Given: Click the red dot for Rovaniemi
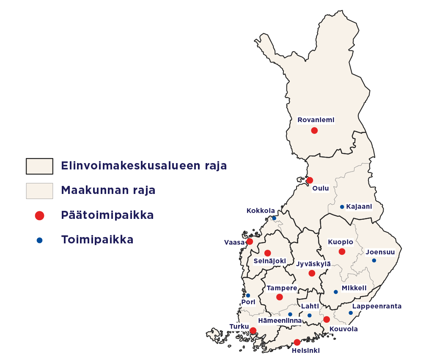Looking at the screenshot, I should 314,131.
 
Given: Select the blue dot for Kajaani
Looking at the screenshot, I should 342,207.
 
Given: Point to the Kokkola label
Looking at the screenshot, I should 261,211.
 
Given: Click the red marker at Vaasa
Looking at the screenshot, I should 250,242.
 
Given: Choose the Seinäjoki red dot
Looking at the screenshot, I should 267,253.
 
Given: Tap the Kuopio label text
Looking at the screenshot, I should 341,243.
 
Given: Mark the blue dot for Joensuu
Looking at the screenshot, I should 374,260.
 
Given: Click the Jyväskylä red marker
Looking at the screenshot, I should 312,273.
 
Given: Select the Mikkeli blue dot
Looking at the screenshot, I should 335,292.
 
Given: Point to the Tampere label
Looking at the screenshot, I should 282,288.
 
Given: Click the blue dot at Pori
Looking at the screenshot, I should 248,295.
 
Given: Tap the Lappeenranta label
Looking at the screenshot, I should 377,306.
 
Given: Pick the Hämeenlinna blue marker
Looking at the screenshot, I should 290,314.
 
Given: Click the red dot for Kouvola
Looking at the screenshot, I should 327,319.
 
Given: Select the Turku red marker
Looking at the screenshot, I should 253,330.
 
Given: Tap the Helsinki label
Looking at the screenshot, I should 306,350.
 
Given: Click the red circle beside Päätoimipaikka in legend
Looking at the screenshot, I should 39,215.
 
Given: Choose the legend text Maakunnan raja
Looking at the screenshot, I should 108,190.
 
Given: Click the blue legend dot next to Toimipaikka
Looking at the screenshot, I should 39,240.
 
